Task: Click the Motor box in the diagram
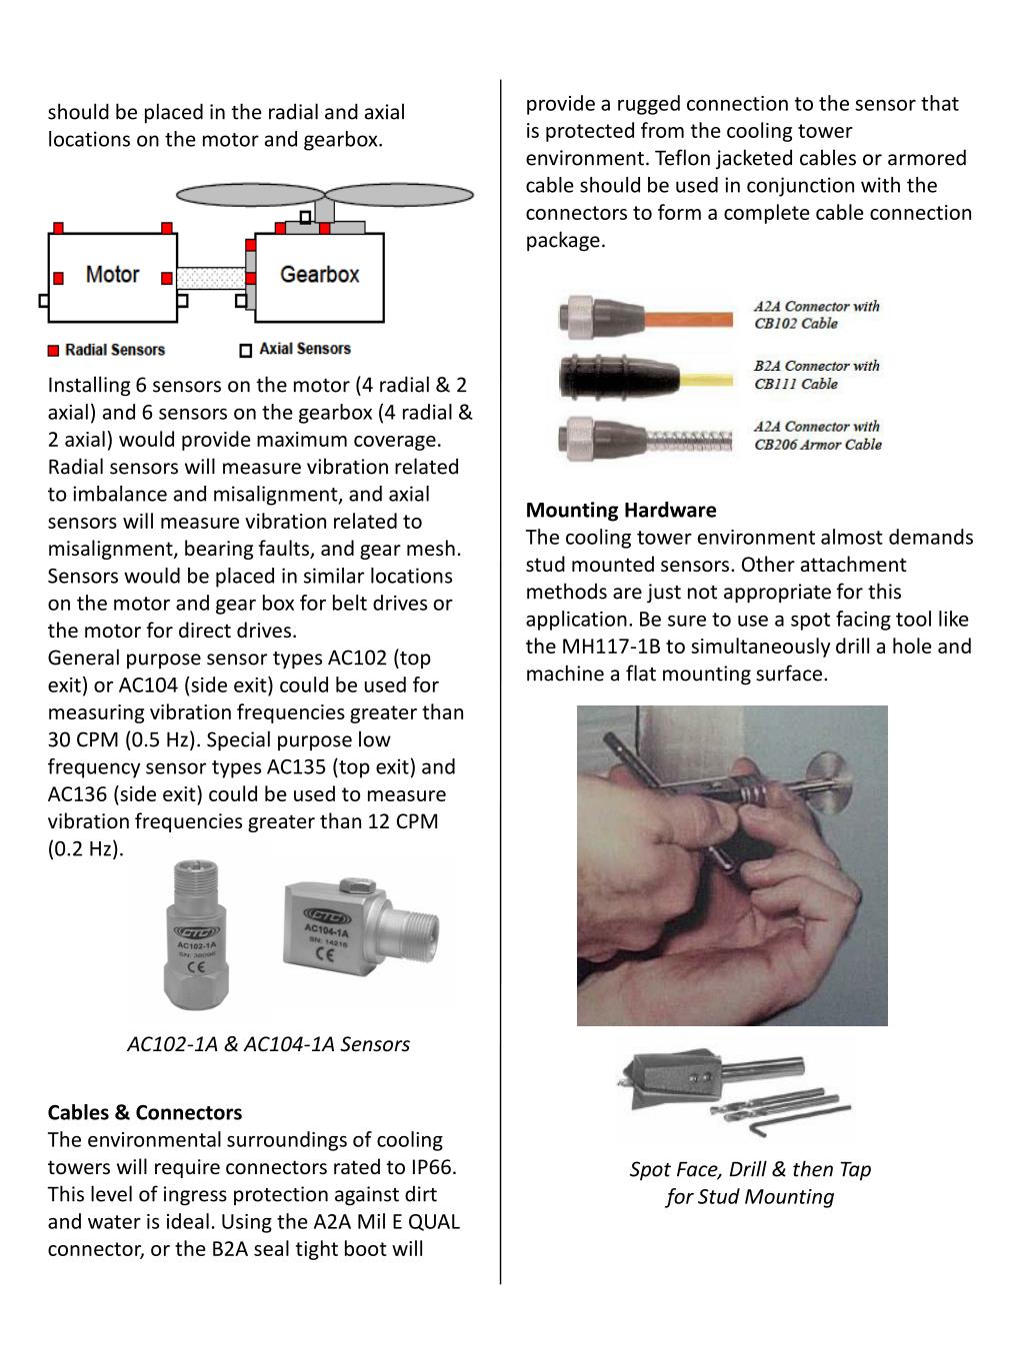(x=112, y=275)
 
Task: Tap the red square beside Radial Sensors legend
(x=54, y=351)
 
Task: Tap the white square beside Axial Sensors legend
(x=246, y=350)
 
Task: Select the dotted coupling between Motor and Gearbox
(x=212, y=277)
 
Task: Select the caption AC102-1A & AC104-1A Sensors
(x=268, y=1044)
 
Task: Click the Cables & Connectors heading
(x=145, y=1112)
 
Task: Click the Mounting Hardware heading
(x=621, y=510)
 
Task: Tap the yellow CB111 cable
(x=700, y=378)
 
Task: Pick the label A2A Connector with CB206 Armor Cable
(x=817, y=436)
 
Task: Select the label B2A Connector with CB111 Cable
(x=816, y=375)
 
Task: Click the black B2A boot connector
(x=596, y=377)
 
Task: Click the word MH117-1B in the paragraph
(x=613, y=647)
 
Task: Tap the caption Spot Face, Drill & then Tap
(x=750, y=1169)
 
